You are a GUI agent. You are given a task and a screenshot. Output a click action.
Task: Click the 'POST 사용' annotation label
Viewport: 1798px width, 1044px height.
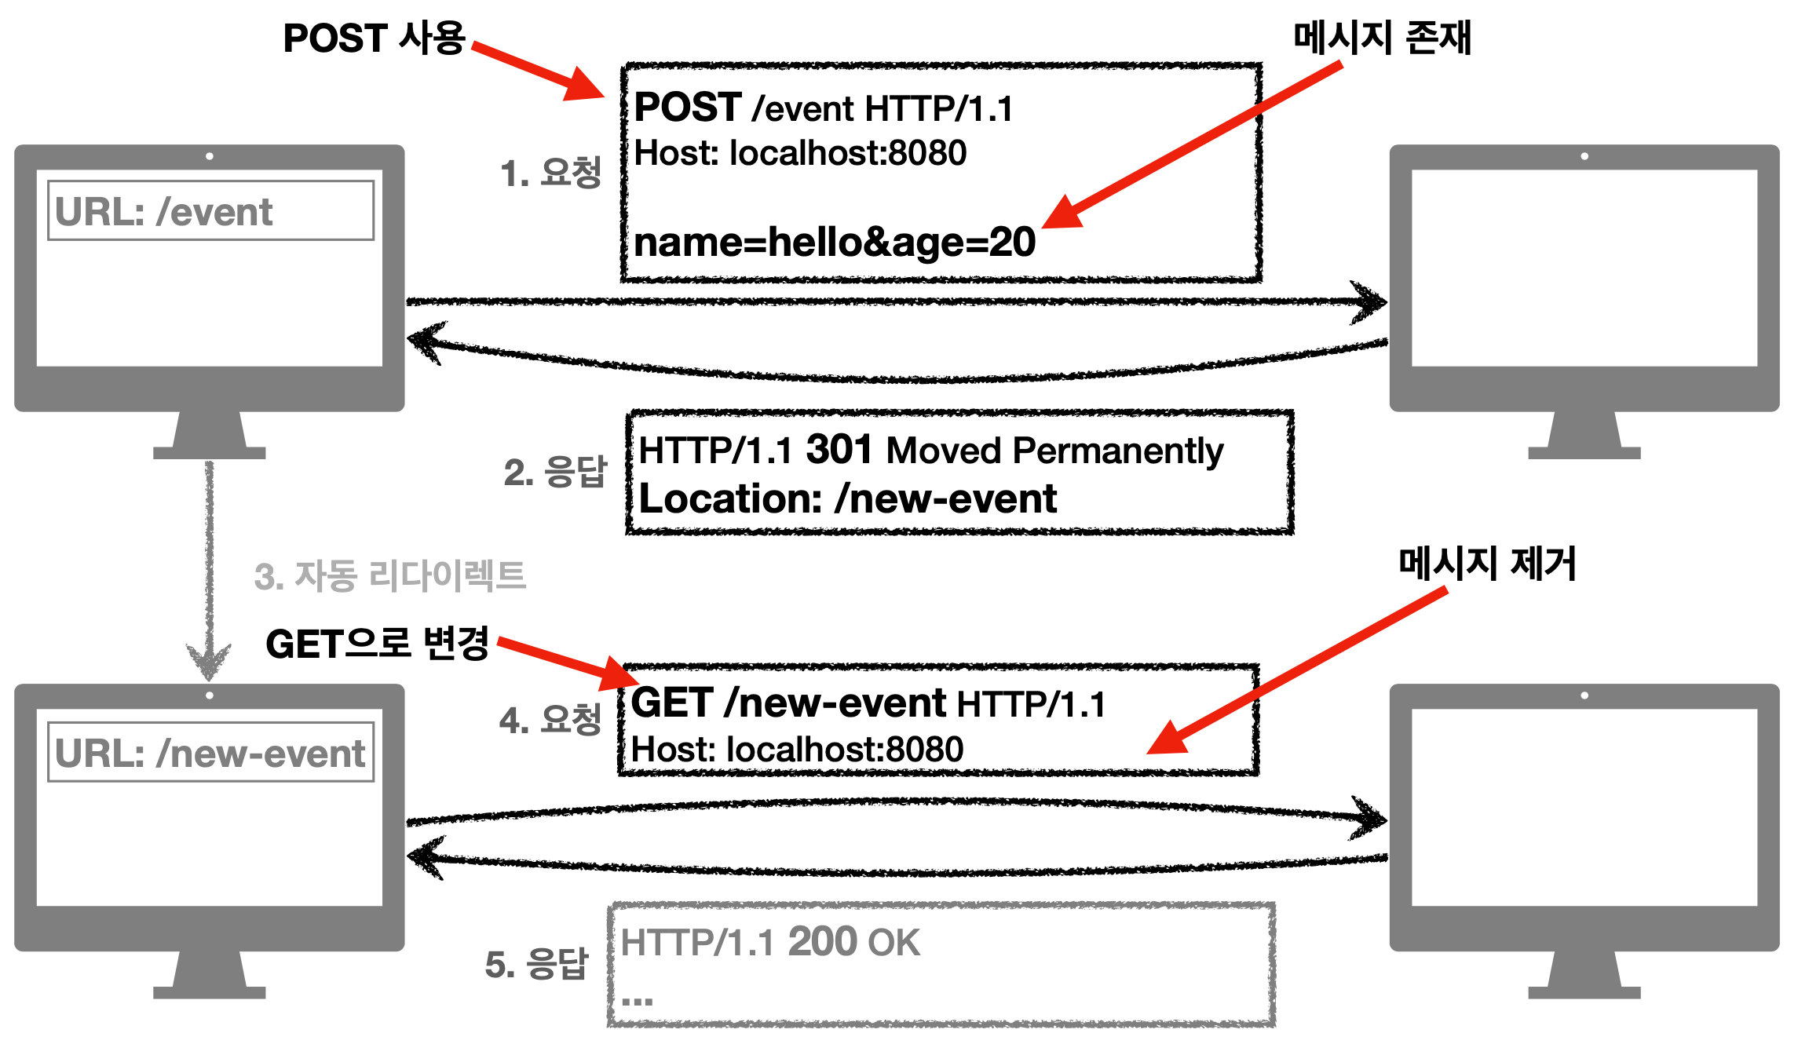coord(375,38)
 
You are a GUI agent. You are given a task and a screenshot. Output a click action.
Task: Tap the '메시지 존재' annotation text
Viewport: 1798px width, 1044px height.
coord(1382,38)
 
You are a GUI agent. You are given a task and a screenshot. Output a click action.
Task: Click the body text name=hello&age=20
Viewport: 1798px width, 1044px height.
coord(835,242)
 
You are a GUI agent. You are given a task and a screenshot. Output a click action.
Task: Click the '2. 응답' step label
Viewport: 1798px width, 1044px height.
coord(555,472)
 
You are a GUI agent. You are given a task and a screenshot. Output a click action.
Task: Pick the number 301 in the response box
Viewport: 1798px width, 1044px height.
coord(839,450)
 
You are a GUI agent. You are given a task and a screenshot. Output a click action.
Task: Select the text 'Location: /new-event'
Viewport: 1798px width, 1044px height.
coord(848,499)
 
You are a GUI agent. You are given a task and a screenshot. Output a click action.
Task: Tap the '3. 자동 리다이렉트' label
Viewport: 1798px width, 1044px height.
coord(390,576)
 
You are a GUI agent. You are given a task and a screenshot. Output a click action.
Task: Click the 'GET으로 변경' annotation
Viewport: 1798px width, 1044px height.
coord(378,644)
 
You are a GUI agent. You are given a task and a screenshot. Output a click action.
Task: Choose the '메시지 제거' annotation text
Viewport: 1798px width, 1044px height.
coord(1487,564)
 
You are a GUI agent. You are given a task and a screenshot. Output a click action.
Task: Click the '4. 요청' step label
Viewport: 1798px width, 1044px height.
coord(550,720)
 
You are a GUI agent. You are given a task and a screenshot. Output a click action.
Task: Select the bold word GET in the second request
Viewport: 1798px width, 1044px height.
coord(672,703)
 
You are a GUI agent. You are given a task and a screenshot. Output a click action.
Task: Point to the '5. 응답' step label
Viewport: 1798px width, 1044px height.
coord(537,964)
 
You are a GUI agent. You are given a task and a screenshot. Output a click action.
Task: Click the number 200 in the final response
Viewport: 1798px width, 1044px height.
coord(821,942)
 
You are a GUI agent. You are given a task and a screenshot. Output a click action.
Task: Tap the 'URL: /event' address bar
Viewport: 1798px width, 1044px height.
coord(210,211)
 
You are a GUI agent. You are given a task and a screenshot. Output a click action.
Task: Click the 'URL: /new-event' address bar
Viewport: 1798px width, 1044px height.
coord(210,753)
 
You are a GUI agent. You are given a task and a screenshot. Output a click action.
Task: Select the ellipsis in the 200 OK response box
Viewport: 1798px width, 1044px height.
coord(637,1001)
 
